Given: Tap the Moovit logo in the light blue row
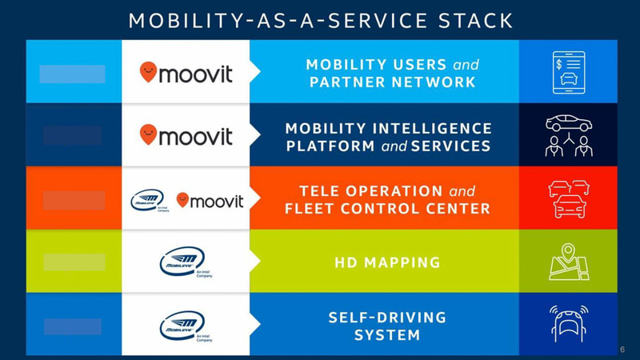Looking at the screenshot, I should click(x=186, y=73).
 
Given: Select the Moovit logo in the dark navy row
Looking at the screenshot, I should click(x=186, y=134).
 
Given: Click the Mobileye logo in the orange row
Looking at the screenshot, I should click(x=149, y=201).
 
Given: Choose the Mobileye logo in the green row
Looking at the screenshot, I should click(x=183, y=262).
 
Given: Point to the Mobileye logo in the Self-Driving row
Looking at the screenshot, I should click(x=183, y=325).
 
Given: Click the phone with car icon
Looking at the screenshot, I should click(x=569, y=72).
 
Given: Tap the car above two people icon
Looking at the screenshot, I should click(x=569, y=135).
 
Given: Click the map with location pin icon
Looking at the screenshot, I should click(x=569, y=262).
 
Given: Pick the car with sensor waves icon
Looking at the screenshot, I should click(x=569, y=323).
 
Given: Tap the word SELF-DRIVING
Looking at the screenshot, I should click(x=387, y=317).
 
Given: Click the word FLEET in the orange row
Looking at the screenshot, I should click(x=311, y=210).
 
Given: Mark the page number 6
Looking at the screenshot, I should click(x=623, y=350).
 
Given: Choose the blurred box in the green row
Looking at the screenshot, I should click(x=74, y=262).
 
